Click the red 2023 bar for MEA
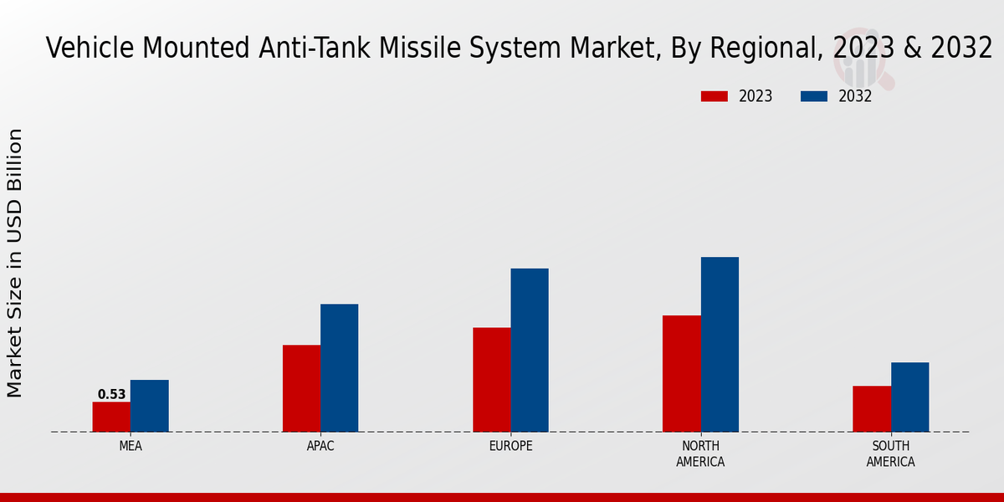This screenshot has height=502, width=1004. pyautogui.click(x=111, y=417)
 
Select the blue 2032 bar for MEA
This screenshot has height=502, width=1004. pyautogui.click(x=149, y=406)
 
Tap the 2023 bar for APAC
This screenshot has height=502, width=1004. pyautogui.click(x=301, y=388)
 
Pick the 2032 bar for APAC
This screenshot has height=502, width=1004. pyautogui.click(x=339, y=368)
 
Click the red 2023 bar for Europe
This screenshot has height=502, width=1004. pyautogui.click(x=491, y=380)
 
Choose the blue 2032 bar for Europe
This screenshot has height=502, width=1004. pyautogui.click(x=530, y=350)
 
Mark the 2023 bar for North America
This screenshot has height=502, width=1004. pyautogui.click(x=681, y=373)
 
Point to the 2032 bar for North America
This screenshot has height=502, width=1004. pyautogui.click(x=720, y=344)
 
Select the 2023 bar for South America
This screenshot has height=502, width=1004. pyautogui.click(x=871, y=408)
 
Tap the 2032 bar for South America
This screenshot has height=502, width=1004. pyautogui.click(x=909, y=397)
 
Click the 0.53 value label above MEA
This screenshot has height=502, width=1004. pyautogui.click(x=111, y=395)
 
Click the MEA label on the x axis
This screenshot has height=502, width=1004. pyautogui.click(x=131, y=446)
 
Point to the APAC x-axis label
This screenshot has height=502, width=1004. pyautogui.click(x=320, y=446)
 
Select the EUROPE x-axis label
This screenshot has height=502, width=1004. pyautogui.click(x=510, y=446)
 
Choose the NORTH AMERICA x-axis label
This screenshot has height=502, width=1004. pyautogui.click(x=701, y=453)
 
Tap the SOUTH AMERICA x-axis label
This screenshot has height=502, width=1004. pyautogui.click(x=890, y=453)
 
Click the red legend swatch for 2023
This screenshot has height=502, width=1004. pyautogui.click(x=714, y=96)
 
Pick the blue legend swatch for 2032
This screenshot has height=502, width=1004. pyautogui.click(x=813, y=96)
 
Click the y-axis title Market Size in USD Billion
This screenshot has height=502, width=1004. pyautogui.click(x=15, y=263)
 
